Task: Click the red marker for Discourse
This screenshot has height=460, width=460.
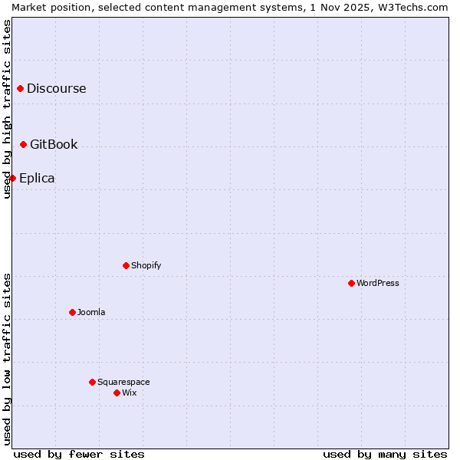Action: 20,89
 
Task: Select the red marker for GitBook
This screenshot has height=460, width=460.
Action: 23,144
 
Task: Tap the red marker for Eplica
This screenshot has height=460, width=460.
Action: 12,178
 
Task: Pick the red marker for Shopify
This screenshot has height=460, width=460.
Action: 126,265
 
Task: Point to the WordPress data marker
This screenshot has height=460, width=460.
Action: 351,283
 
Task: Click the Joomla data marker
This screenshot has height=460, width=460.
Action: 72,312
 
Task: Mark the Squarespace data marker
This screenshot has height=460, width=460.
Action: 92,382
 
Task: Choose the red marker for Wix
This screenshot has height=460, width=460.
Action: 117,393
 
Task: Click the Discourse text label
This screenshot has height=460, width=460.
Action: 57,88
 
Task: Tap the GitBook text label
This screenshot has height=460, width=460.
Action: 54,144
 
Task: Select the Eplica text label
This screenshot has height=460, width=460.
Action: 37,178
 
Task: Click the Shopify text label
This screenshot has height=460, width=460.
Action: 146,265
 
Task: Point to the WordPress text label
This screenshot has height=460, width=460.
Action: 378,283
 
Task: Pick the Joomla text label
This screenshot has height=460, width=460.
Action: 91,312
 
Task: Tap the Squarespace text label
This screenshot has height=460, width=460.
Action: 123,382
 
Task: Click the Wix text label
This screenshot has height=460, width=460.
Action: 130,393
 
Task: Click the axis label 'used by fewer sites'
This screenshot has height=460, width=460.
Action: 79,454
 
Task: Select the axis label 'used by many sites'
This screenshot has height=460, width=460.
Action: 385,454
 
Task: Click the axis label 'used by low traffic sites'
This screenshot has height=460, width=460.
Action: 7,359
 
